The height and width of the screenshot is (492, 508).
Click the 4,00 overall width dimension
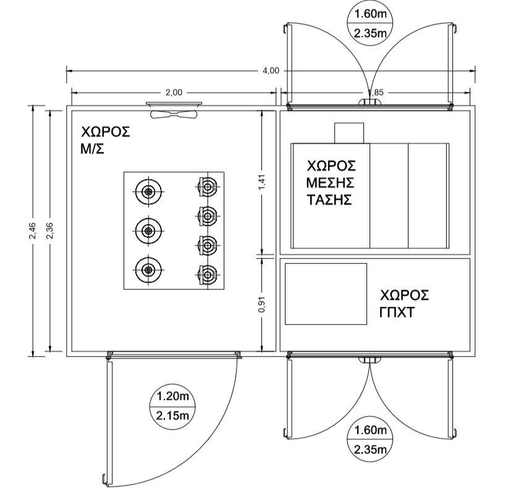coord(271,70)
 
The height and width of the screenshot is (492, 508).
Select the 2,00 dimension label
coord(174,93)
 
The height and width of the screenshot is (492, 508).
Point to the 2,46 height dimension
coord(33,231)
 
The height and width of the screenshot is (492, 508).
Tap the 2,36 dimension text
coord(50,231)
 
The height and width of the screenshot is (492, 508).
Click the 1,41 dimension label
coord(262,182)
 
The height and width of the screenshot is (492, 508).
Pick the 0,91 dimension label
coord(262,304)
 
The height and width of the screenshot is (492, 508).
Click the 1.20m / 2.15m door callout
coord(172,406)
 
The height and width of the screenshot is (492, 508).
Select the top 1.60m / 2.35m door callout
coord(370,24)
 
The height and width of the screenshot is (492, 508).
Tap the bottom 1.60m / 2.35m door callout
coord(370,440)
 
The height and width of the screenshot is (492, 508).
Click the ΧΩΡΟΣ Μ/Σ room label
coord(105,141)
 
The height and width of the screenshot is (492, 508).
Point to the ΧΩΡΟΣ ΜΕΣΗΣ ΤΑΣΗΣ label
coord(331,183)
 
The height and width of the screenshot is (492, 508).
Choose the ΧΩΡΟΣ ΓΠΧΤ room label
coord(404,304)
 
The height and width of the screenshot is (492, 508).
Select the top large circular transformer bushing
coord(148,191)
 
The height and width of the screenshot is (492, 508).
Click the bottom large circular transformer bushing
coord(148,270)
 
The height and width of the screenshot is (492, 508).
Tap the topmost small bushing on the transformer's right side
coord(208,186)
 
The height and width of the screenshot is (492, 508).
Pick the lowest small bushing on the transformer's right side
coord(208,275)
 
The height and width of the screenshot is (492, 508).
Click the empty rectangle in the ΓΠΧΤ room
coord(326,294)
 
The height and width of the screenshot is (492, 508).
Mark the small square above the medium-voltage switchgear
coord(349,133)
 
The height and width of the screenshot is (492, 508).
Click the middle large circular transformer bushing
coord(148,231)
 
